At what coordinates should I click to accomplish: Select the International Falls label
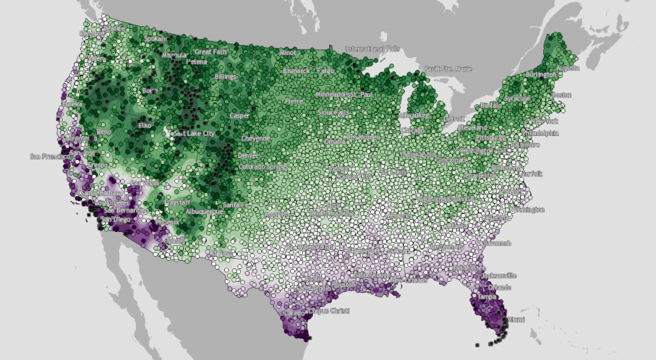point(372,49)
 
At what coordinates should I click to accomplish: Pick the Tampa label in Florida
point(488,297)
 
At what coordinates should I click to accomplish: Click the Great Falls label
point(211,51)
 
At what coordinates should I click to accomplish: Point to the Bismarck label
point(297,70)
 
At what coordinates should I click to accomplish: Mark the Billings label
point(225,77)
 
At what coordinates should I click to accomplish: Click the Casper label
point(239,115)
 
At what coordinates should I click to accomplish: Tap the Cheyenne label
point(256,138)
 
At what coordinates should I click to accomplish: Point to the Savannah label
point(497,243)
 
